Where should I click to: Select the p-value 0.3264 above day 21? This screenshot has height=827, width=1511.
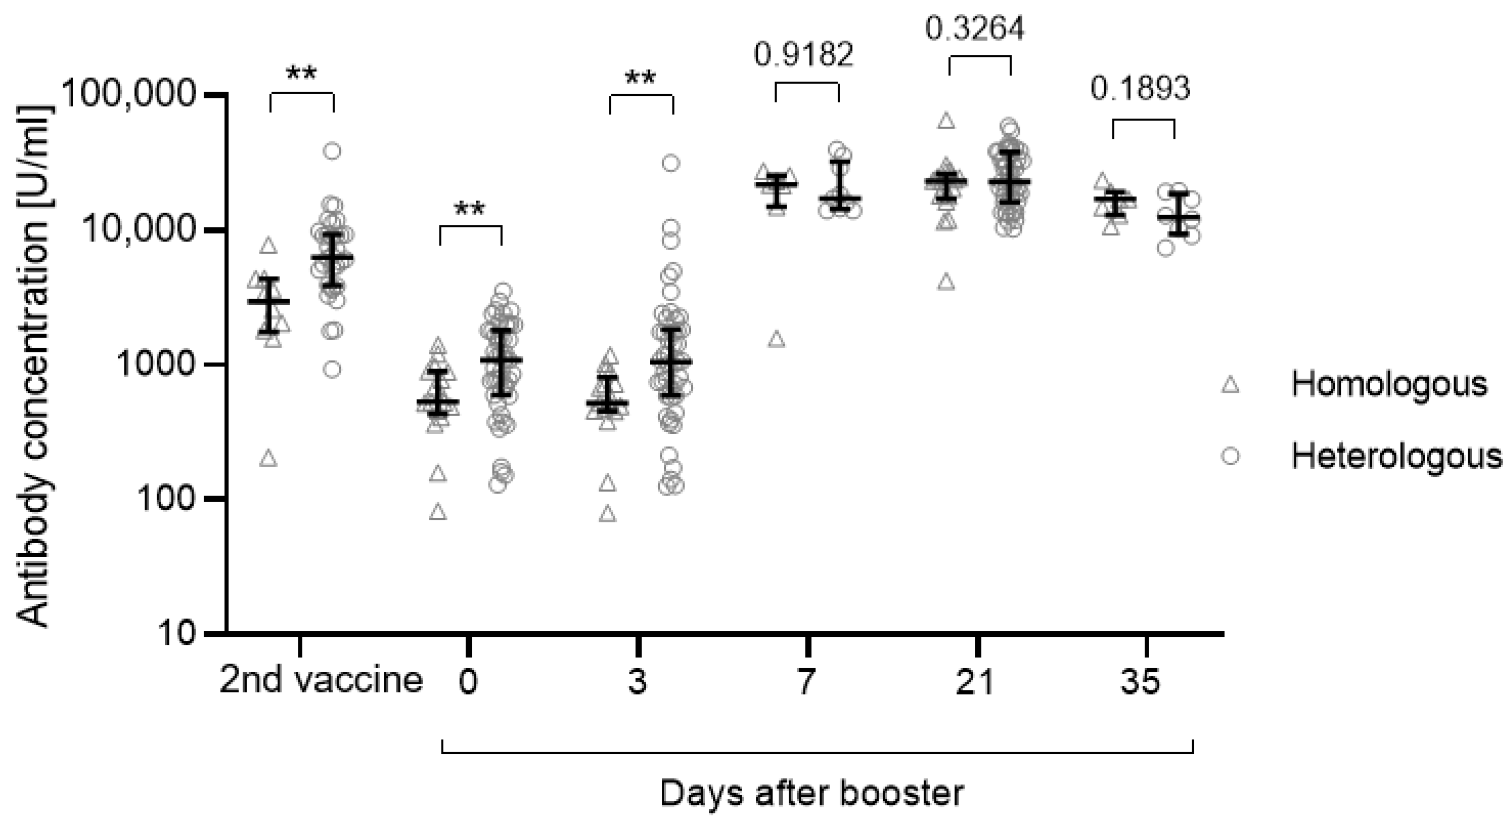[x=975, y=28]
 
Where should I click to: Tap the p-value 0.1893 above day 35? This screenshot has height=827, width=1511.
[x=1141, y=89]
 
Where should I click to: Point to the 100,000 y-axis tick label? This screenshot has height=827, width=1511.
[x=128, y=94]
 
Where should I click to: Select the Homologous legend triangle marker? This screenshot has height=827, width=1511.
[x=1230, y=385]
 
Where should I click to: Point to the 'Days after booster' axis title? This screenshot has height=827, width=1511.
[x=812, y=794]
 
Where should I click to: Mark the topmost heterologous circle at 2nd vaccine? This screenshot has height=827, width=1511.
[x=333, y=151]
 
